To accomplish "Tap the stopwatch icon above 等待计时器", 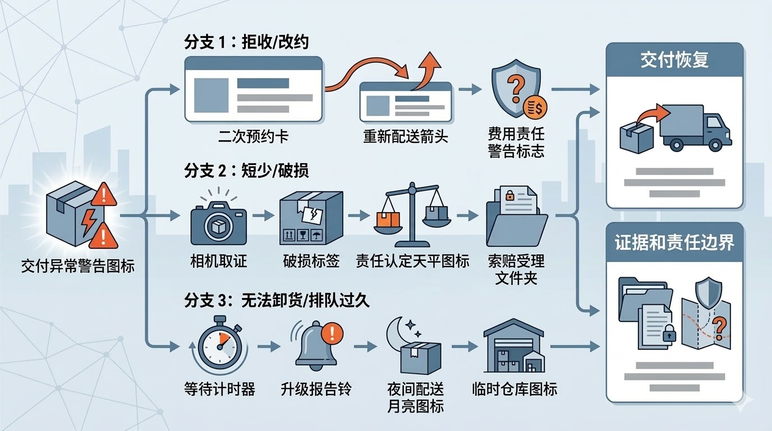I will pyautogui.click(x=219, y=345).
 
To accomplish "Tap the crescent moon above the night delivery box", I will pyautogui.click(x=399, y=332).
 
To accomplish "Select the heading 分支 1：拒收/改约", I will pyautogui.click(x=246, y=42).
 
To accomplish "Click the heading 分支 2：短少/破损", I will pyautogui.click(x=246, y=171).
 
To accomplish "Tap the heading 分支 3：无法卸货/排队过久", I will pyautogui.click(x=277, y=300).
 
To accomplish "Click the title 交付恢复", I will pyautogui.click(x=674, y=60).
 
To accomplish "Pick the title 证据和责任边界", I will pyautogui.click(x=674, y=243).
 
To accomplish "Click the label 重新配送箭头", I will pyautogui.click(x=406, y=136).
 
